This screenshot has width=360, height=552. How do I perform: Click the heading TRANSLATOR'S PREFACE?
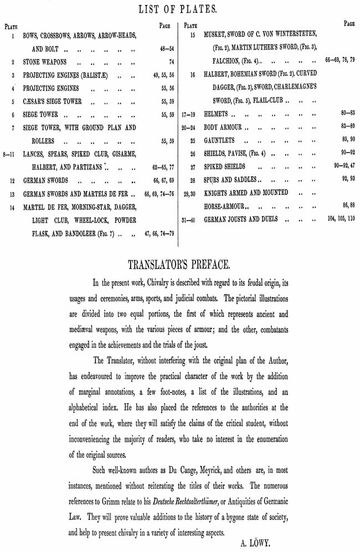[180, 263]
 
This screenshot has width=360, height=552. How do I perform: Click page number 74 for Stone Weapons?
[171, 62]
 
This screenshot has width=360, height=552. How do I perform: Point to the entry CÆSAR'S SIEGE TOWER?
[54, 102]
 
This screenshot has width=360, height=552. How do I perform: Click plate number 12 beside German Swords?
[12, 181]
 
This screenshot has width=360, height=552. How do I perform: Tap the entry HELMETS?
[216, 114]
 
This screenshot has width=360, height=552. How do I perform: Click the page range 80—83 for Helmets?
[348, 113]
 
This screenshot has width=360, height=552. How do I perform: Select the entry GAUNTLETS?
[219, 141]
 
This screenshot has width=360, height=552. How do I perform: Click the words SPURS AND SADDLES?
[230, 180]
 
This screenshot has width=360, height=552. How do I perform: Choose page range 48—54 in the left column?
[167, 49]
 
